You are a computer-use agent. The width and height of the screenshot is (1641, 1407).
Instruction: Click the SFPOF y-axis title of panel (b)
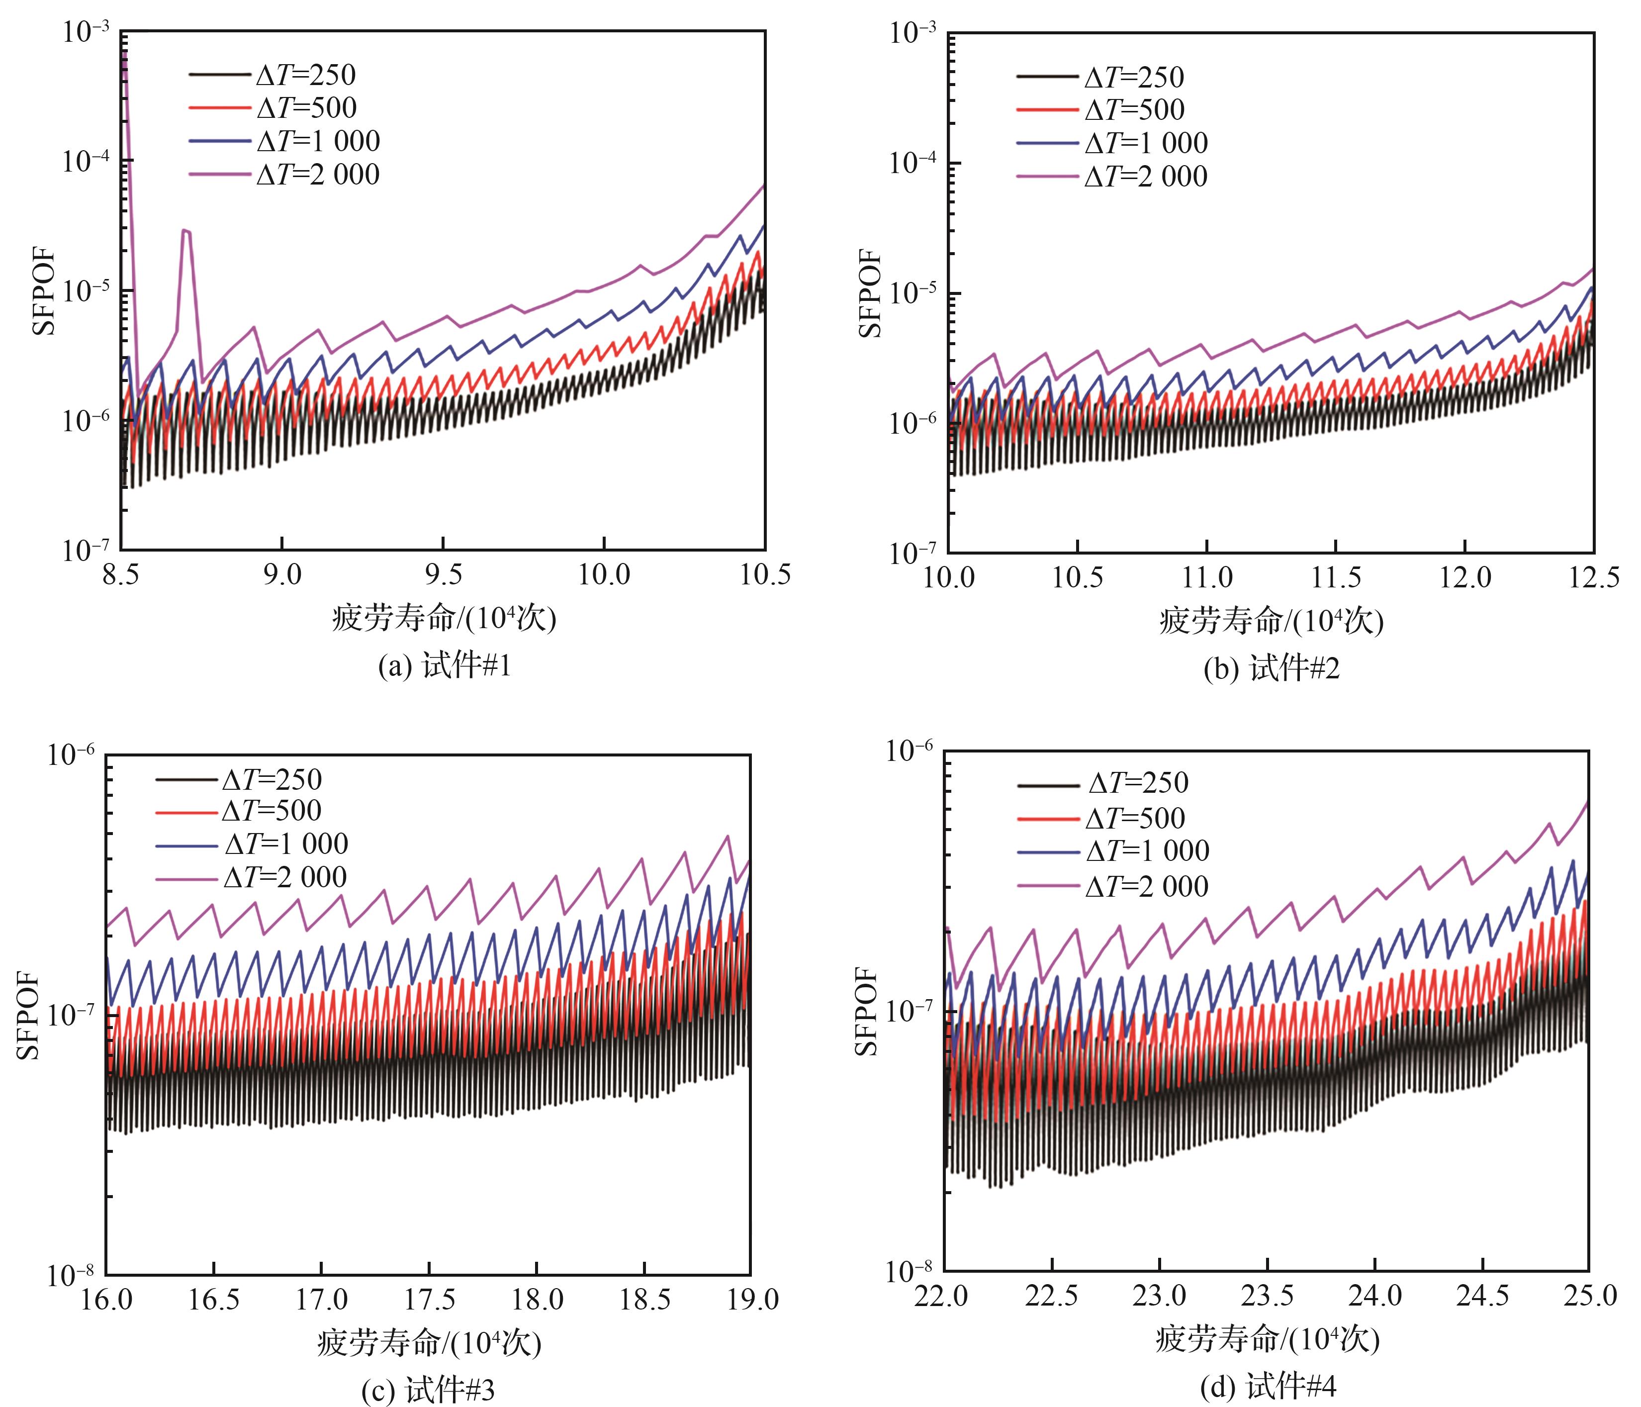tap(870, 292)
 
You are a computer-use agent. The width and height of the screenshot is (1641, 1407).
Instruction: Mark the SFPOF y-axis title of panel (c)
tap(28, 1015)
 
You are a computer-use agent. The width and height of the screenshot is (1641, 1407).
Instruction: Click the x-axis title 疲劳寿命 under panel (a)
tap(444, 618)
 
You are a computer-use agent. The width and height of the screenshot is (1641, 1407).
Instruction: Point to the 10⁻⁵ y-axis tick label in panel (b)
tap(913, 292)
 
